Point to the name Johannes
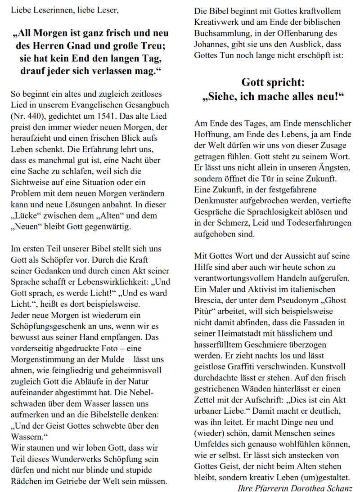coord(212,44)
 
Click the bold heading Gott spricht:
coord(273,82)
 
